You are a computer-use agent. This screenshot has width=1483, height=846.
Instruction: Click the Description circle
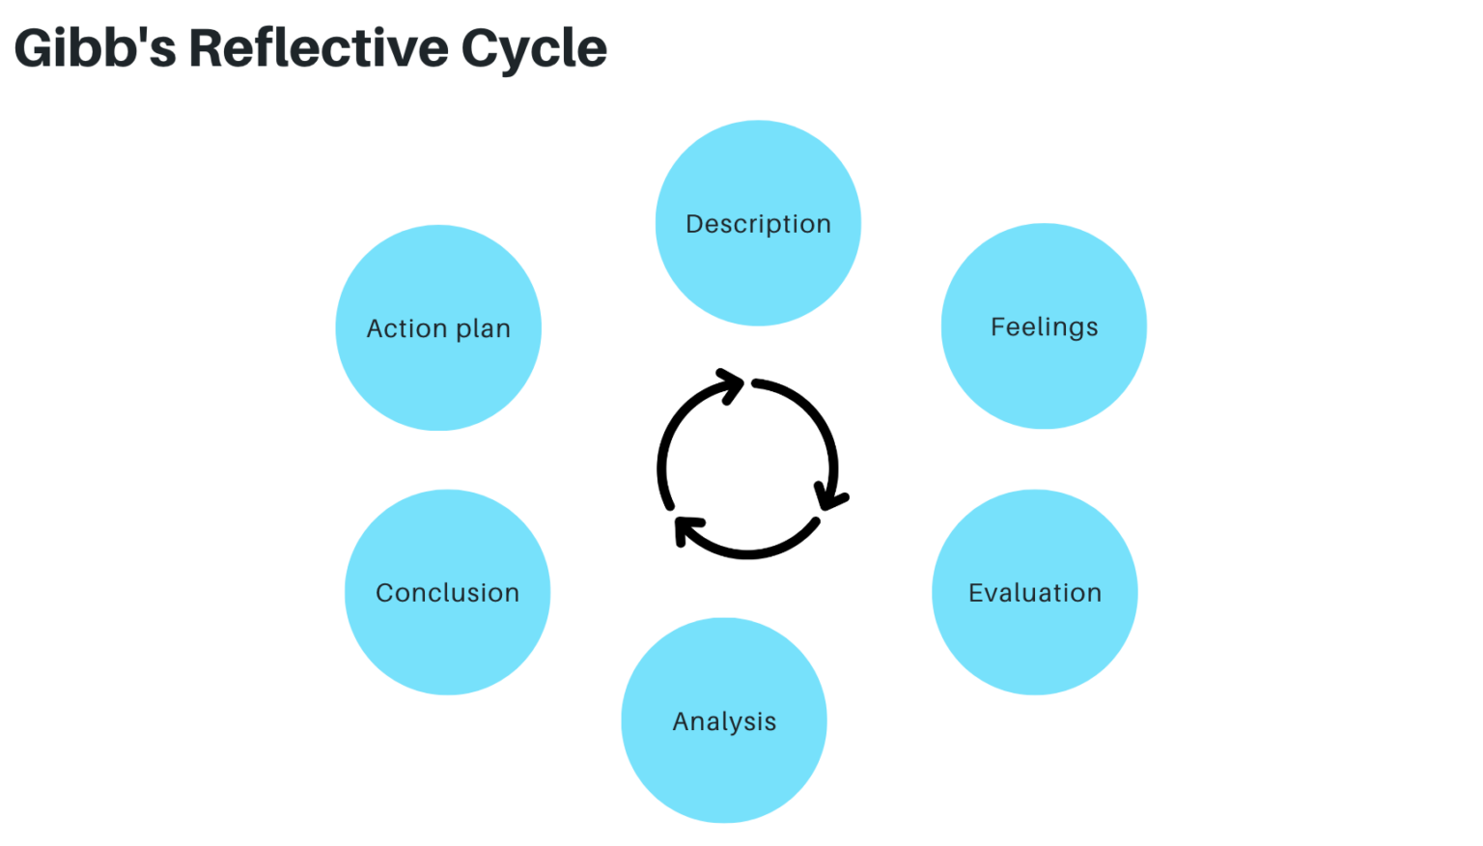click(x=758, y=223)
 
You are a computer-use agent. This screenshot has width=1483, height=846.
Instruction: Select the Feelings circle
click(x=1044, y=326)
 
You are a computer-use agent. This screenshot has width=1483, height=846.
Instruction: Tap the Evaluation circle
click(x=1034, y=592)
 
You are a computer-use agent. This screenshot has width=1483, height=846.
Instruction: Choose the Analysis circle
click(x=724, y=720)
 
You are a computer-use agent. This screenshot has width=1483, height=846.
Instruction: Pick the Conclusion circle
click(x=447, y=592)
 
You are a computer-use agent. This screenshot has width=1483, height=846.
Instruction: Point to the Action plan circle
click(x=438, y=328)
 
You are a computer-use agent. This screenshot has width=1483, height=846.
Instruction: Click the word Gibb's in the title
click(x=95, y=48)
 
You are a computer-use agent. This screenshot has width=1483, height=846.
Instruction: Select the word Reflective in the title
click(x=319, y=48)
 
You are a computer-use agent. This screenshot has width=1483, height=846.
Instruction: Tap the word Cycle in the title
click(x=534, y=48)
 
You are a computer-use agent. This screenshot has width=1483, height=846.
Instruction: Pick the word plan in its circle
click(x=483, y=330)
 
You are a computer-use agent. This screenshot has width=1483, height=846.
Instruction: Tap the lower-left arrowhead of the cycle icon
click(x=686, y=529)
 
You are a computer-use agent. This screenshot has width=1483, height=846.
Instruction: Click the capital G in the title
click(x=35, y=48)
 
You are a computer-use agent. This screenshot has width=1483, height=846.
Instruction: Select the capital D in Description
click(x=694, y=224)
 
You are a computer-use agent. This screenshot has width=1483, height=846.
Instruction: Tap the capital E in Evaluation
click(x=976, y=593)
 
